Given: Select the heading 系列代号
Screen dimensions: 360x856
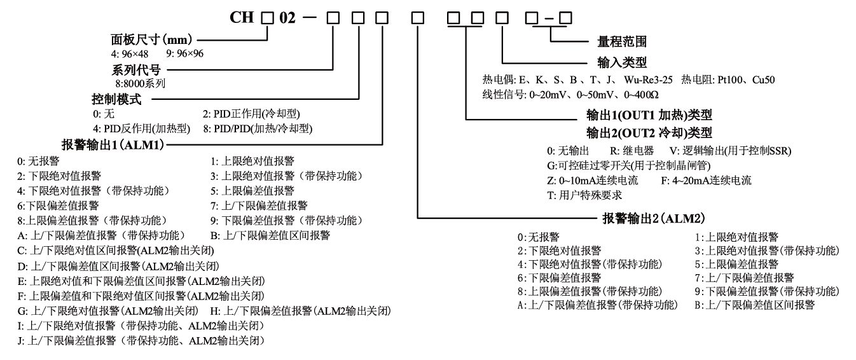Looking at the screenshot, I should click(x=124, y=69).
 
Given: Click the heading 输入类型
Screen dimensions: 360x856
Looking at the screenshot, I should click(x=612, y=64).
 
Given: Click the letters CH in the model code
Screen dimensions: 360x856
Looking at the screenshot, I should click(x=245, y=17).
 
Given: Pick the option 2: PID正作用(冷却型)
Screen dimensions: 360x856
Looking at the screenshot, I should click(x=251, y=113).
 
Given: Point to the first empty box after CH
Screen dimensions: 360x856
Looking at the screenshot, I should click(x=270, y=18).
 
